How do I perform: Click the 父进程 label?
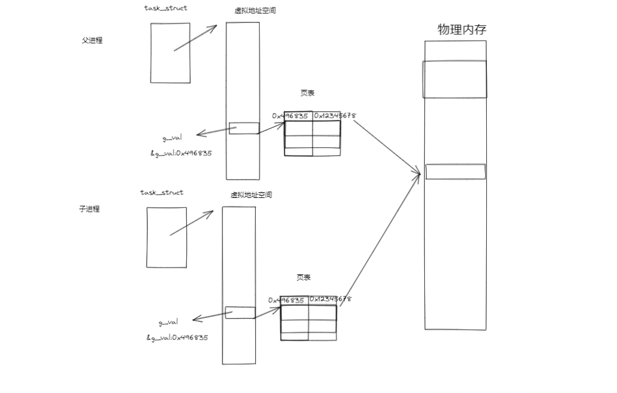pyautogui.click(x=92, y=41)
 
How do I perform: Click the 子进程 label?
pyautogui.click(x=89, y=209)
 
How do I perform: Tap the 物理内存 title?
pyautogui.click(x=462, y=29)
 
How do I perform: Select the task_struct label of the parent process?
pyautogui.click(x=166, y=8)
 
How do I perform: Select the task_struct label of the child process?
pyautogui.click(x=162, y=192)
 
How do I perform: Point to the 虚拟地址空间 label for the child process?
pyautogui.click(x=251, y=195)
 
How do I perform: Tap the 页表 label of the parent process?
pyautogui.click(x=307, y=93)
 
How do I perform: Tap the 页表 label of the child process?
pyautogui.click(x=303, y=277)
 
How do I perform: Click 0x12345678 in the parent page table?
pyautogui.click(x=335, y=115)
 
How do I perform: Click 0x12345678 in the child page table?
pyautogui.click(x=331, y=299)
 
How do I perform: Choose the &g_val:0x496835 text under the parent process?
pyautogui.click(x=181, y=153)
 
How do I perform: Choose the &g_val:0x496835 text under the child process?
pyautogui.click(x=177, y=337)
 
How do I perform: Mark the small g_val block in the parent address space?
pyautogui.click(x=244, y=129)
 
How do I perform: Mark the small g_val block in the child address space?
pyautogui.click(x=240, y=313)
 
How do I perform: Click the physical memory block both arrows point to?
pyautogui.click(x=455, y=172)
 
